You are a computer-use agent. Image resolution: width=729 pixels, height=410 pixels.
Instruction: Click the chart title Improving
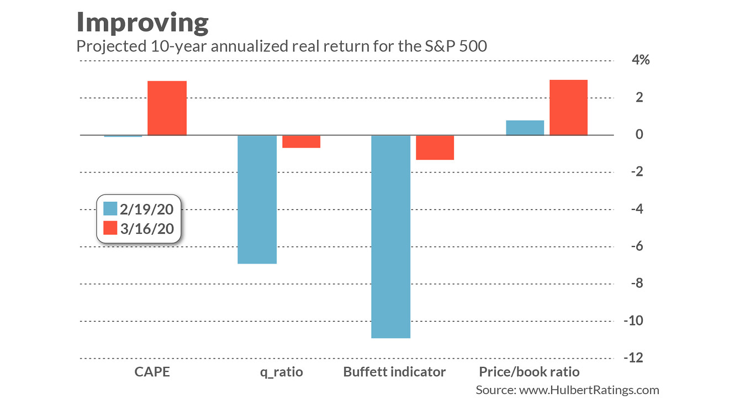click(x=142, y=23)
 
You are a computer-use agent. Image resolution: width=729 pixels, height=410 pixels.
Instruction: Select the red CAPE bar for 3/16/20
click(x=167, y=108)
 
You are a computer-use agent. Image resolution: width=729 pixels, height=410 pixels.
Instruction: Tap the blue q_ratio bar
click(x=257, y=199)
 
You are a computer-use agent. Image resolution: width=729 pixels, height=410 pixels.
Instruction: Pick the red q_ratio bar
click(x=301, y=141)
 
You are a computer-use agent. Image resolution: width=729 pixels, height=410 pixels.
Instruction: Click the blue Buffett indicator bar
click(x=390, y=236)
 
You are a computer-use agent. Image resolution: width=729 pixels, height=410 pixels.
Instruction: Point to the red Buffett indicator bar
click(x=435, y=148)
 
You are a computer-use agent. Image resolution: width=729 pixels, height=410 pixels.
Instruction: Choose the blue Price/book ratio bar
click(x=525, y=128)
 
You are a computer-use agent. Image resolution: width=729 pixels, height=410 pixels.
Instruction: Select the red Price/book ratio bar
click(x=568, y=107)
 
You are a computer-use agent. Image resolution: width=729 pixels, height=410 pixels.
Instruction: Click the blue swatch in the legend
click(x=110, y=208)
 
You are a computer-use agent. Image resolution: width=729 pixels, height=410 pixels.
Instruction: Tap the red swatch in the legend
click(x=110, y=228)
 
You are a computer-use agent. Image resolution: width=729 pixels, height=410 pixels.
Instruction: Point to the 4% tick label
click(x=640, y=60)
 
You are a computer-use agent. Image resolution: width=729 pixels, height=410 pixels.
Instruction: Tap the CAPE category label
click(x=152, y=371)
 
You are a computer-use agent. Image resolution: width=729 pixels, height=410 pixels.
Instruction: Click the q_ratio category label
click(x=282, y=372)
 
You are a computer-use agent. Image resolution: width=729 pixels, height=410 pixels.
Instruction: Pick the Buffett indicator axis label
click(x=394, y=371)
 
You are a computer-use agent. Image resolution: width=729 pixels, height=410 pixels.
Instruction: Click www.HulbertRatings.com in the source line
click(x=589, y=390)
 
